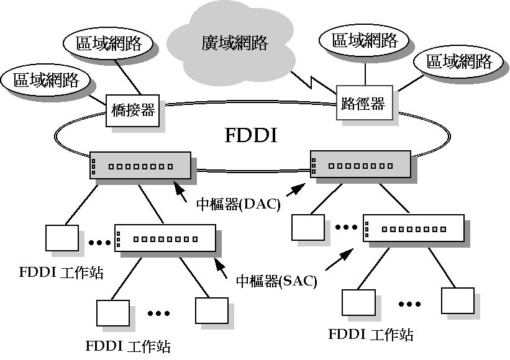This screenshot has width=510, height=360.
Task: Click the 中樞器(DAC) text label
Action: (239, 204)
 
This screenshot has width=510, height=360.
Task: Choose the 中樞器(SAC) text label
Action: (277, 281)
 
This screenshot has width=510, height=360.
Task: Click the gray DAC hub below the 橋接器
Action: (140, 166)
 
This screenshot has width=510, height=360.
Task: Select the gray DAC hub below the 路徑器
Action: (360, 165)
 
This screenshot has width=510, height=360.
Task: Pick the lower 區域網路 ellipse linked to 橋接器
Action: (45, 80)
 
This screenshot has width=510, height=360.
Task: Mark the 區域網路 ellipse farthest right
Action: (458, 61)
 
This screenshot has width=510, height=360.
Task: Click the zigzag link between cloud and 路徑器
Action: (309, 81)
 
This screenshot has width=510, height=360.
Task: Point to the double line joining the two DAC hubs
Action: (250, 171)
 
